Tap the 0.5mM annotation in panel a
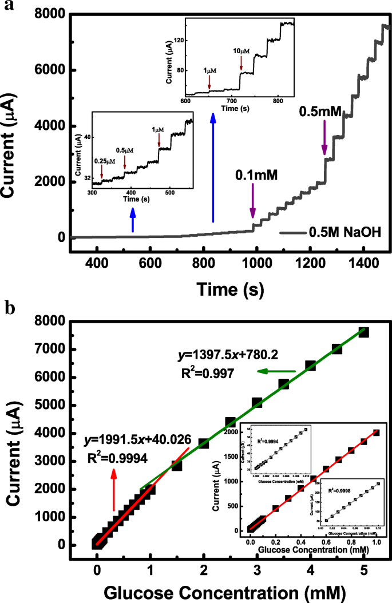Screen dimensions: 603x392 (x=321, y=112)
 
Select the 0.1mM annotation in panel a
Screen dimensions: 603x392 (x=256, y=176)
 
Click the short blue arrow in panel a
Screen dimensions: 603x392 (x=133, y=220)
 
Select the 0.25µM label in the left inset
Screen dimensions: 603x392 (x=104, y=161)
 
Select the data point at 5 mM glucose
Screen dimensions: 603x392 (x=363, y=332)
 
